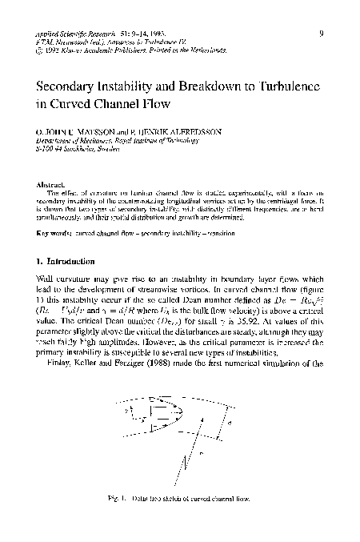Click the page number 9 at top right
pos(320,34)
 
